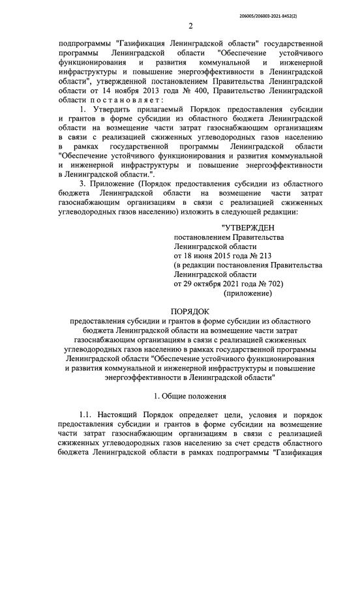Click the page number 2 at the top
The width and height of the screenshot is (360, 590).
[x=191, y=26]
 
